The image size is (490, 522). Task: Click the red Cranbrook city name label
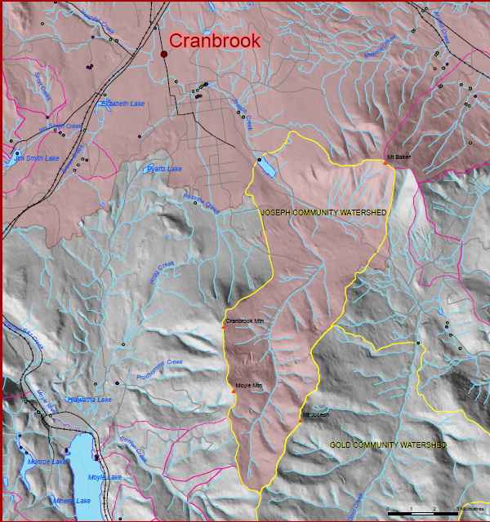pos(215,41)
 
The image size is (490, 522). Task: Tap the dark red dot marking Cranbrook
pos(164,54)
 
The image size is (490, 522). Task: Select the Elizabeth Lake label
pos(123,104)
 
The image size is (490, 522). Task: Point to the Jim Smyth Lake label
pos(40,157)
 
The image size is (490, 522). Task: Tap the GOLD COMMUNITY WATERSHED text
pos(388,445)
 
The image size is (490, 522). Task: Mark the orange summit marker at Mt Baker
pos(385,162)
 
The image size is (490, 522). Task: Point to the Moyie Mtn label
pos(248,385)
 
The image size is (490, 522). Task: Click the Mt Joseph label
pos(316,414)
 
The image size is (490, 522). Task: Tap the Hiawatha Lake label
pos(89,400)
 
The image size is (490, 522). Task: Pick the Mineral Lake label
pos(72,501)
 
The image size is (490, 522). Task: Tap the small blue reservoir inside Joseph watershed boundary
pos(266,168)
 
